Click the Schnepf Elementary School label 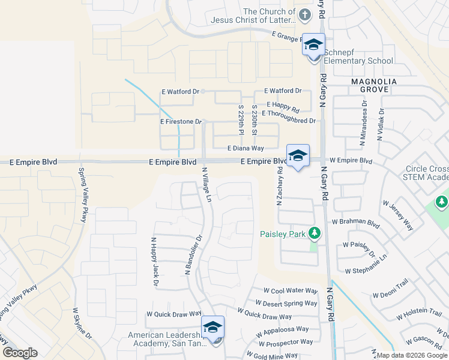pyautogui.click(x=358, y=61)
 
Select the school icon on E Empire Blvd pyautogui.click(x=298, y=155)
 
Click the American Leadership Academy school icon pyautogui.click(x=212, y=327)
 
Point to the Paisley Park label pyautogui.click(x=283, y=233)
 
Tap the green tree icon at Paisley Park pyautogui.click(x=313, y=233)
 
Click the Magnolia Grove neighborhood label pyautogui.click(x=370, y=85)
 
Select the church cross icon pyautogui.click(x=305, y=14)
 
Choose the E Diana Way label pyautogui.click(x=246, y=148)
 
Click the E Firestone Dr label pyautogui.click(x=180, y=122)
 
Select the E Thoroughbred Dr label pyautogui.click(x=289, y=121)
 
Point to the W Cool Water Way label pyautogui.click(x=286, y=290)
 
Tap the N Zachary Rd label pyautogui.click(x=280, y=187)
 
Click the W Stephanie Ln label pyautogui.click(x=373, y=265)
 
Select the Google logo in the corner pyautogui.click(x=20, y=353)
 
